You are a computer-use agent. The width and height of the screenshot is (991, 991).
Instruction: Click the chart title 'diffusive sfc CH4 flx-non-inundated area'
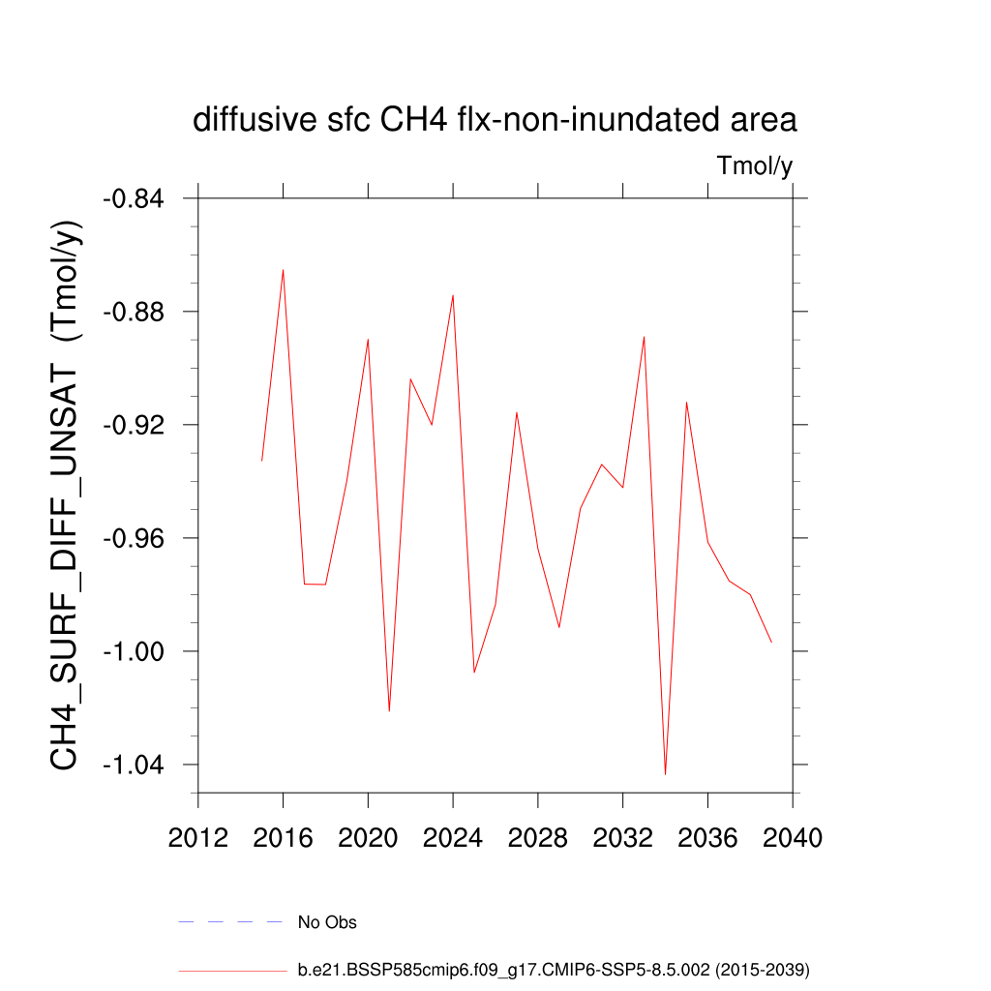coord(495,121)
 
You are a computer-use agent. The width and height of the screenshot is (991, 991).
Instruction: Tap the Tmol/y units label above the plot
coord(755,166)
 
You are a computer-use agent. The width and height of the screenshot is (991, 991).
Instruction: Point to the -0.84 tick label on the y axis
coord(135,198)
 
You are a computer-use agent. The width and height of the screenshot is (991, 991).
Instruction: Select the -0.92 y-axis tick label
coord(135,425)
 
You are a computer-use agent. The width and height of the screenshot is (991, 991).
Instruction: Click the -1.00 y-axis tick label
coord(135,651)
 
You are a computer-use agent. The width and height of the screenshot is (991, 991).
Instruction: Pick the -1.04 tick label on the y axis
coord(135,765)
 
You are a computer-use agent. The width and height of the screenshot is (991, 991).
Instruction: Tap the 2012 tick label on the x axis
coord(197,838)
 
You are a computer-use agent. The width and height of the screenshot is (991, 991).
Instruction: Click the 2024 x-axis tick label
coord(453,838)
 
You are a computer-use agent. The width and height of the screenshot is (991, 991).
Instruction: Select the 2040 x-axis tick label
coord(793,838)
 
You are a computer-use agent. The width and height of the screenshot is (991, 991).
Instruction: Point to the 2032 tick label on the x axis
coord(622,838)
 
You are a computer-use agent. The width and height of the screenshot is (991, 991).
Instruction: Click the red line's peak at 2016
coord(283,269)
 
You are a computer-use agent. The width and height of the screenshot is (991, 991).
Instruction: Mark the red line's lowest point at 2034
coord(666,774)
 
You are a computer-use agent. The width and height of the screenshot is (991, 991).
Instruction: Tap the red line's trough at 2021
coord(389,711)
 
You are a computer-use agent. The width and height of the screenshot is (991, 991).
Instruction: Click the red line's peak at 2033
coord(644,337)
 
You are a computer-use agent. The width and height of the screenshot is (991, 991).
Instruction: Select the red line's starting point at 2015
coord(261,461)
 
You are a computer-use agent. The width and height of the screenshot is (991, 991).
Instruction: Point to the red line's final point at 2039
coord(771,643)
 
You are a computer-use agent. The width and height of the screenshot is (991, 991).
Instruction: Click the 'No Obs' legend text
coord(327,922)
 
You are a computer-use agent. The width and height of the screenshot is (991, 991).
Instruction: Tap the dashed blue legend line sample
coord(230,922)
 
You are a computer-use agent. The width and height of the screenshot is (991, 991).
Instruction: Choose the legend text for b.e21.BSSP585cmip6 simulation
coord(553,969)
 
